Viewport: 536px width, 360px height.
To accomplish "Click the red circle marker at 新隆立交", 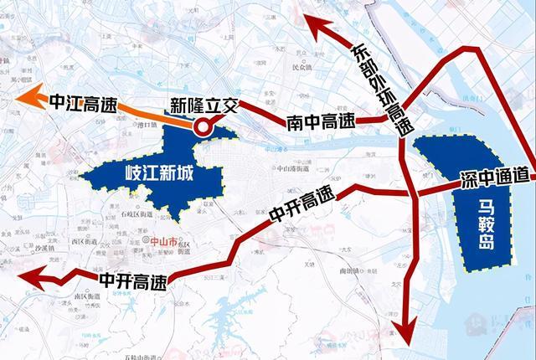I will [202, 127].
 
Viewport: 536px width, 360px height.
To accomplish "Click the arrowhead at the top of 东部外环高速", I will [314, 26].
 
